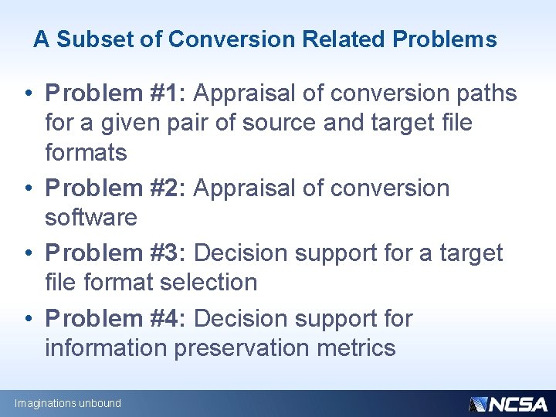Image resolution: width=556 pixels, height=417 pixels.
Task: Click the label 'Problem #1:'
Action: click(x=116, y=94)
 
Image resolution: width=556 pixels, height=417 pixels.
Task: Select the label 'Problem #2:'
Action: click(x=116, y=188)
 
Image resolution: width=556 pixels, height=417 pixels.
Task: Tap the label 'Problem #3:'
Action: click(x=116, y=253)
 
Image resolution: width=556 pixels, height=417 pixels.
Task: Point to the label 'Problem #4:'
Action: click(x=116, y=318)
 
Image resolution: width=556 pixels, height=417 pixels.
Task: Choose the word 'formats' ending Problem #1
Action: click(x=86, y=153)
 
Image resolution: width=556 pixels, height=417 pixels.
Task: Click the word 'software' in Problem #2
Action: click(x=91, y=218)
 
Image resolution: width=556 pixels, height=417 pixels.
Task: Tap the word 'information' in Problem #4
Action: click(x=106, y=347)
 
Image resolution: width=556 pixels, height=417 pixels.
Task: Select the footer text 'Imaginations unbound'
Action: click(x=68, y=403)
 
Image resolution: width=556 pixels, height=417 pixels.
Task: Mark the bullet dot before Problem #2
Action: click(x=27, y=189)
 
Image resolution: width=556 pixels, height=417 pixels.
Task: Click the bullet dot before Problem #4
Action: click(x=27, y=319)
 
